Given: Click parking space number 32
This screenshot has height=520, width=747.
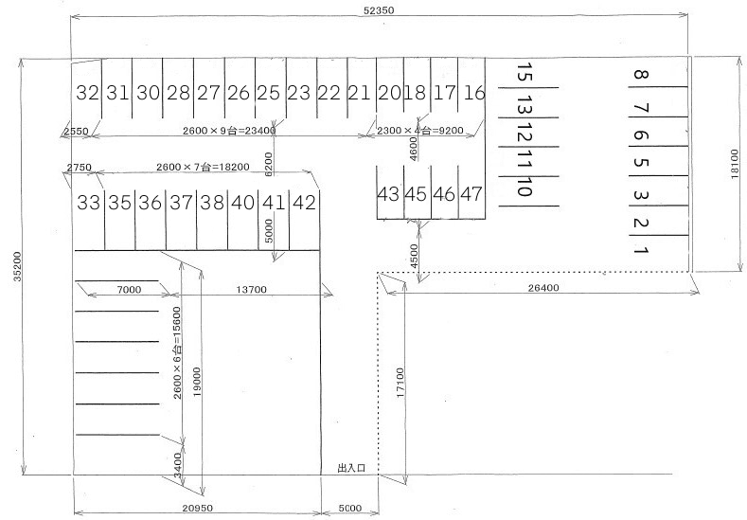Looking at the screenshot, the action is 88,93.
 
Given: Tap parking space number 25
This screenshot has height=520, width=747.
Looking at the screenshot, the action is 268,93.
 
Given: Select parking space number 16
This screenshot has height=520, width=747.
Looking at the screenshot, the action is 474,93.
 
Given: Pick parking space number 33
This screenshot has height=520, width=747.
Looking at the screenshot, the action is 89,203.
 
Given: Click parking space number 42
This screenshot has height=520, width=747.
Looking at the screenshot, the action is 305,203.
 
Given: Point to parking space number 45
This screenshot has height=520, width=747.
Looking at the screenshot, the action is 416,194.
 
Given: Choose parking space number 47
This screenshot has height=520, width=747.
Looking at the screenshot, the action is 471,194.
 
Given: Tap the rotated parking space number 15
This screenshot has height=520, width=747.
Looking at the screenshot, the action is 525,72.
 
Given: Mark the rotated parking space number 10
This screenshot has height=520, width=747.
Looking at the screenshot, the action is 525,187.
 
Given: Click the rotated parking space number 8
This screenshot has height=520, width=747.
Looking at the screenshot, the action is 641,75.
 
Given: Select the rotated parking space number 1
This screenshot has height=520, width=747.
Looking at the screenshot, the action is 641,250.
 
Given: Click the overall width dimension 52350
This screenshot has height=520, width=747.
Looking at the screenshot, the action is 379,10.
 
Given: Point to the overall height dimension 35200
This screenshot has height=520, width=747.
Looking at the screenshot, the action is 17,266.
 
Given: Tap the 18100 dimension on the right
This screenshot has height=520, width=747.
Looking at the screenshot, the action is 734,164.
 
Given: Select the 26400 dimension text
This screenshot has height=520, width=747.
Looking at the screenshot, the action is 543,287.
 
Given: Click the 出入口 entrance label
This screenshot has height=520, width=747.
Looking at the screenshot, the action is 351,468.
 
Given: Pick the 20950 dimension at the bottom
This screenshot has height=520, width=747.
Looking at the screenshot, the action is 197,508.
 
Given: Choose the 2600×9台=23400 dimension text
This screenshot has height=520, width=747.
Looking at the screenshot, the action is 229,130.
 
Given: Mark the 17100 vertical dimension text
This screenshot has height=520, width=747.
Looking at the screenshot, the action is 400,383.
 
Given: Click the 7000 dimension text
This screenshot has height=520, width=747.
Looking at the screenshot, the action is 129,289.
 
